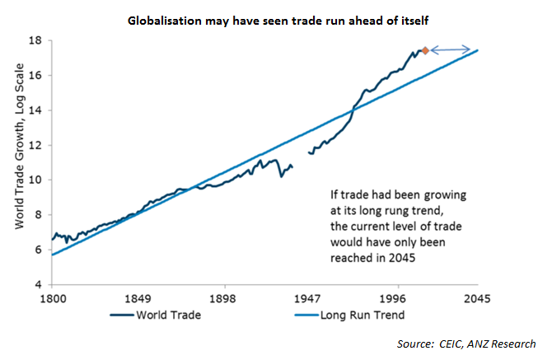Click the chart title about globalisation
pyautogui.click(x=275, y=18)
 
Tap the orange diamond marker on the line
pyautogui.click(x=425, y=50)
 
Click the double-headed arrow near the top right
pyautogui.click(x=451, y=49)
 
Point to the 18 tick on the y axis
pyautogui.click(x=38, y=40)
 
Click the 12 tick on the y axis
pyautogui.click(x=38, y=145)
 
